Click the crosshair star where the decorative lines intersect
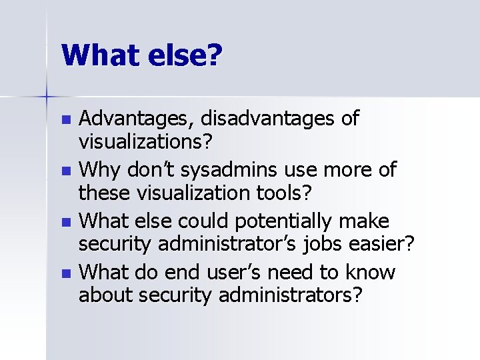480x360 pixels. [x=47, y=97]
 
